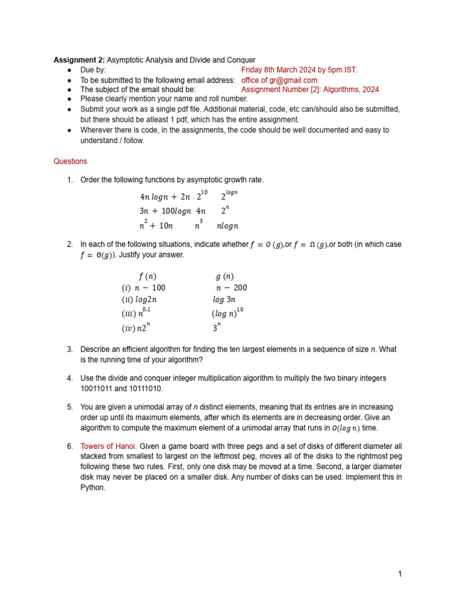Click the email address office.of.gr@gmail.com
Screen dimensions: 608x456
tap(279, 80)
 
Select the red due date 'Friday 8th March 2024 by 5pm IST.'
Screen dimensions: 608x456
tap(299, 70)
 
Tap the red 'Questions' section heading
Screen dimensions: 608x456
tap(70, 161)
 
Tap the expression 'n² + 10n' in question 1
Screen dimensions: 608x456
tap(156, 226)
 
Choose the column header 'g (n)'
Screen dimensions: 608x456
tap(224, 276)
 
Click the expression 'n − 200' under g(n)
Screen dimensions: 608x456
tap(231, 288)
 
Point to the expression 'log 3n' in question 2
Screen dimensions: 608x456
tap(224, 300)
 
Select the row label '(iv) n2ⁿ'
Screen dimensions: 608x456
tap(136, 327)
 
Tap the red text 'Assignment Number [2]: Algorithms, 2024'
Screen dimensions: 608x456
tap(310, 90)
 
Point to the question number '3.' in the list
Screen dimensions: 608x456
tap(69, 349)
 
